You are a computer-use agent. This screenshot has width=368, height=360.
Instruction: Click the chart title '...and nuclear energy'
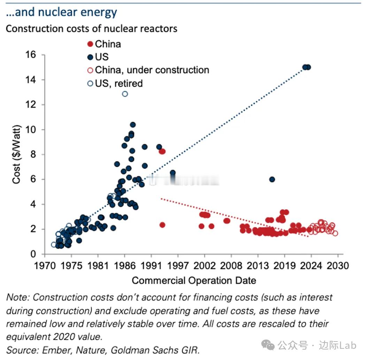(x=61, y=12)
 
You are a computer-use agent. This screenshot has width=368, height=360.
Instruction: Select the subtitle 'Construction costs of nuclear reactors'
(x=91, y=28)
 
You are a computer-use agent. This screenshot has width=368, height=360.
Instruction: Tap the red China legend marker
(x=90, y=44)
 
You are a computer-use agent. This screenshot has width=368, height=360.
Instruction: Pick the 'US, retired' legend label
(x=119, y=83)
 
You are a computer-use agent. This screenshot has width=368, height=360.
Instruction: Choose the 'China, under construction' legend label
(x=152, y=70)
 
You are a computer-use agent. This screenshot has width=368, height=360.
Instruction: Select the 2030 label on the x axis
(x=338, y=266)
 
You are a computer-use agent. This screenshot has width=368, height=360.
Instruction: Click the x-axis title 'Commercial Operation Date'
(x=194, y=280)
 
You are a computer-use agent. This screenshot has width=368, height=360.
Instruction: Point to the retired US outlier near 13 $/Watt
(x=125, y=94)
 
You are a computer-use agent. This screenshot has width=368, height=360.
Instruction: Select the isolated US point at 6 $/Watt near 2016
(x=272, y=179)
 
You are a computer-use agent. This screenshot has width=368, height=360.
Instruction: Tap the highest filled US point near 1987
(x=133, y=125)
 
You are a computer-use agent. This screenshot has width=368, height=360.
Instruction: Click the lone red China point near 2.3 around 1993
(x=162, y=225)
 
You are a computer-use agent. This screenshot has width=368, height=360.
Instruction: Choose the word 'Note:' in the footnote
(x=17, y=298)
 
